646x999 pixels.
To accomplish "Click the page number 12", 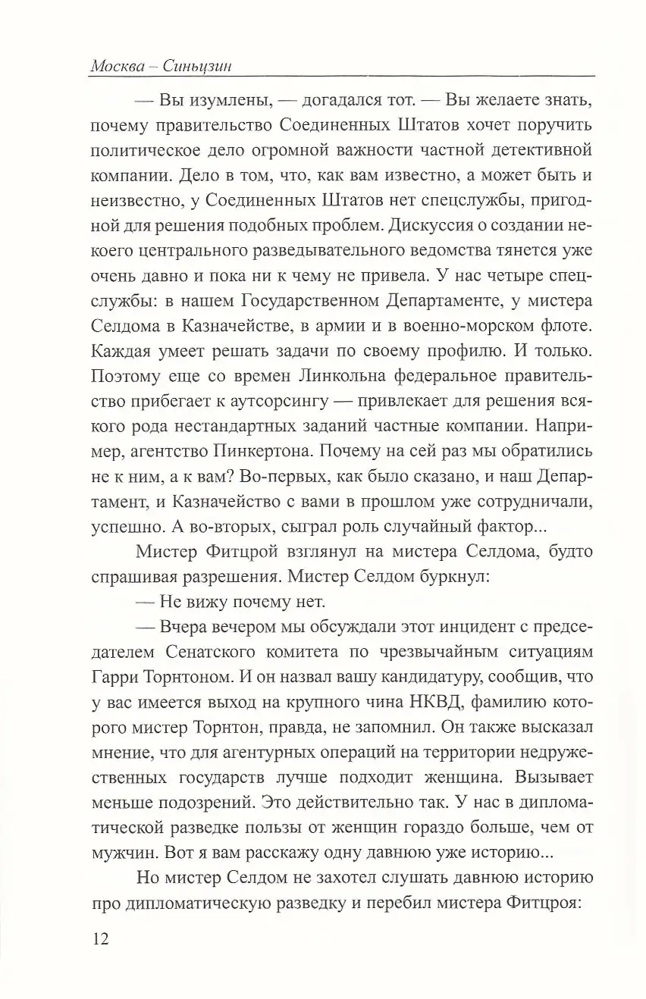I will point(100,940).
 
